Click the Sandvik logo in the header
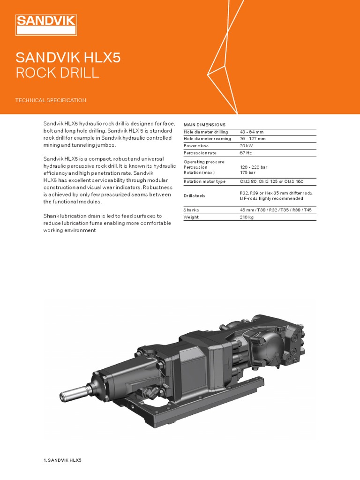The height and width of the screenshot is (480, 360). pos(46,25)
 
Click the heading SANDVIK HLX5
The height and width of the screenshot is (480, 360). pos(68,58)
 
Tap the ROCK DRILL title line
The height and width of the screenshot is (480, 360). pos(57,73)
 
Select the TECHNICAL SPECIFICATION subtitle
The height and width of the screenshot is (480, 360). pos(51,100)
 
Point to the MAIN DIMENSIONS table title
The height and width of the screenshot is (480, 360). pos(204,125)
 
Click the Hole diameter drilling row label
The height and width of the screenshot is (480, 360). pos(206,132)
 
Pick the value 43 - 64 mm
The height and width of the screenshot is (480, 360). pos(252,132)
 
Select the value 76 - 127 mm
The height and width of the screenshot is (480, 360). pos(253,139)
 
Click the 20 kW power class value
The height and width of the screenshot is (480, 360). pos(247,146)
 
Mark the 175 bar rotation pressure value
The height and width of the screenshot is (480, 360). pos(247,173)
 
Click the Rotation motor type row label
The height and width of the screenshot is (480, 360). pos(204,181)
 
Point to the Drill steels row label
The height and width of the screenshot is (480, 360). pos(194,195)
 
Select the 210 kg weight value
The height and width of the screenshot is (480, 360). pos(247,217)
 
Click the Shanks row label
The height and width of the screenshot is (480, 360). pos(191,210)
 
